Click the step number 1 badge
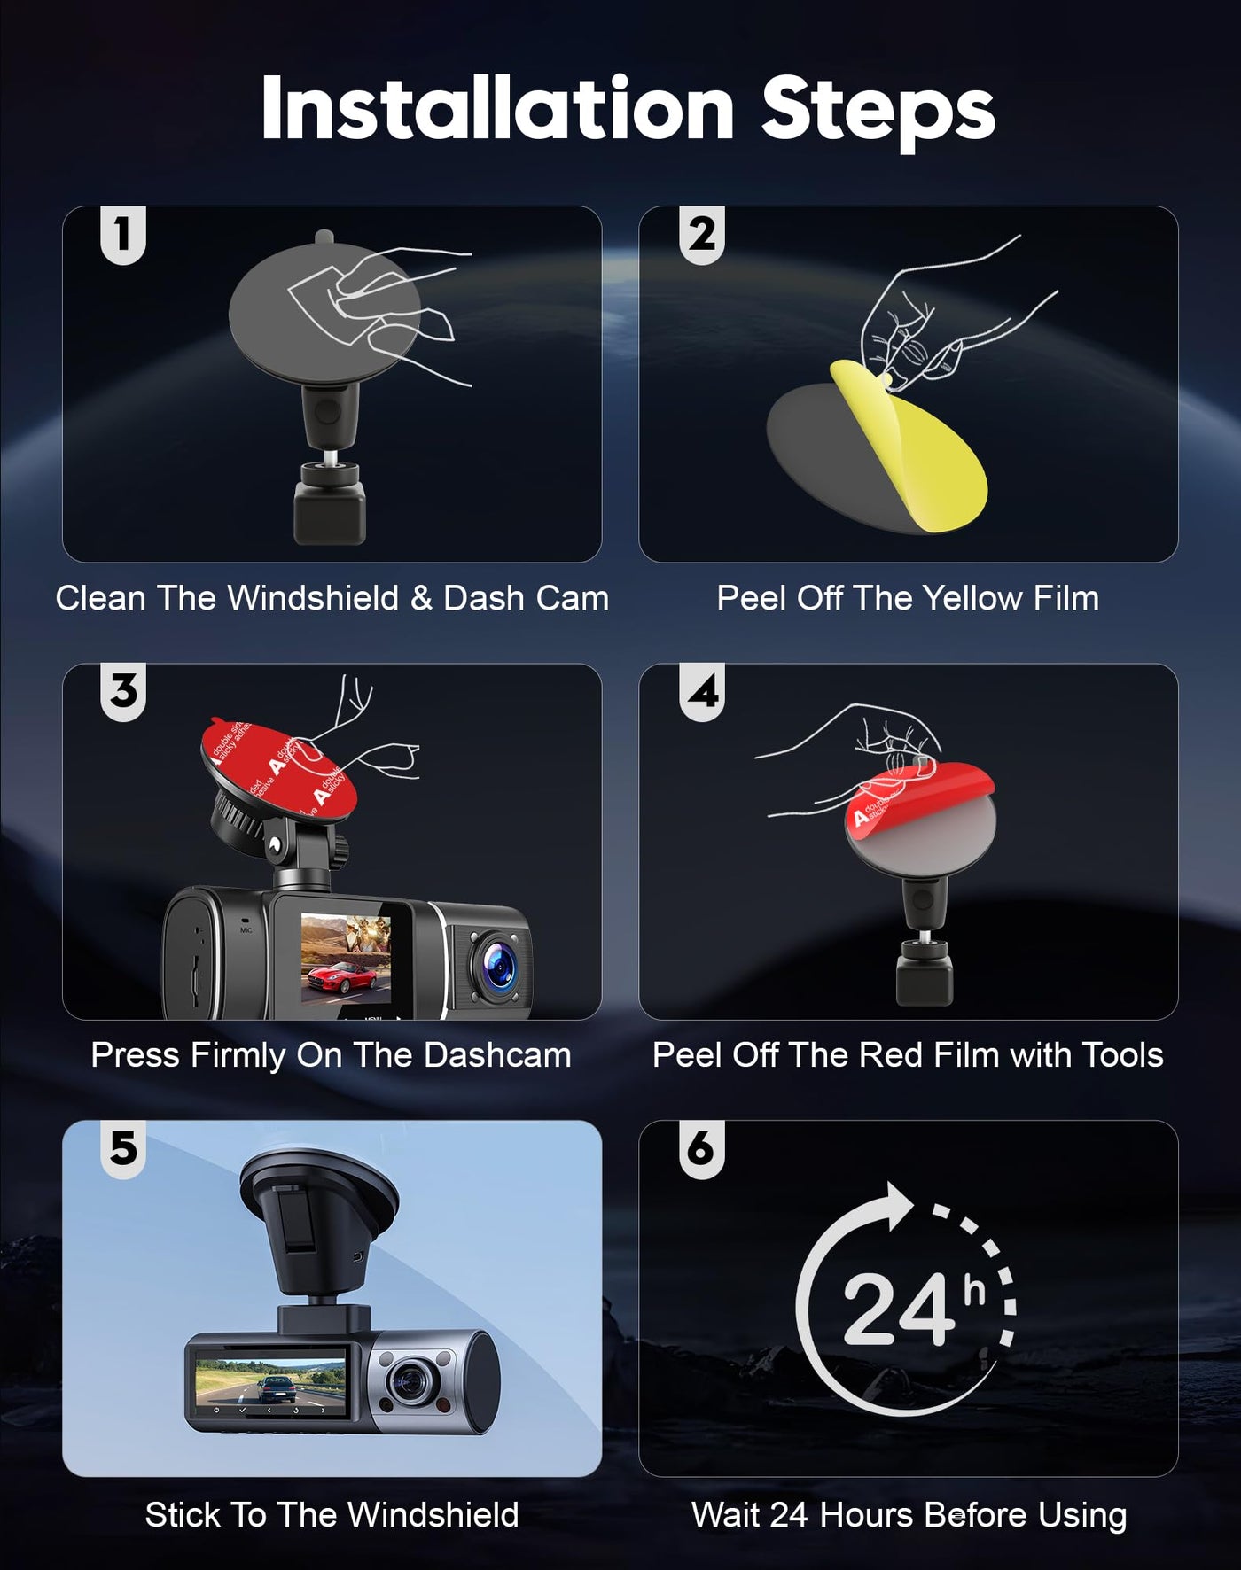coord(123,235)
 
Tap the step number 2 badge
coord(702,235)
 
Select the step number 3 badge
coord(123,692)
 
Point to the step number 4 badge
coord(702,692)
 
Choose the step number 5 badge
coord(123,1149)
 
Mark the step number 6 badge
coord(702,1149)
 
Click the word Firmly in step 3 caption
coord(238,1056)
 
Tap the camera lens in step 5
coord(410,1380)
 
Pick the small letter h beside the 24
coord(975,1291)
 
